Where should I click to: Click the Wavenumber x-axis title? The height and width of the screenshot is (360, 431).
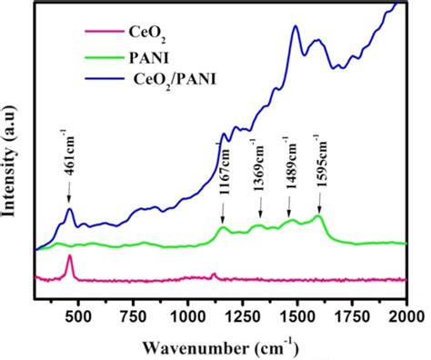[x=221, y=346]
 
